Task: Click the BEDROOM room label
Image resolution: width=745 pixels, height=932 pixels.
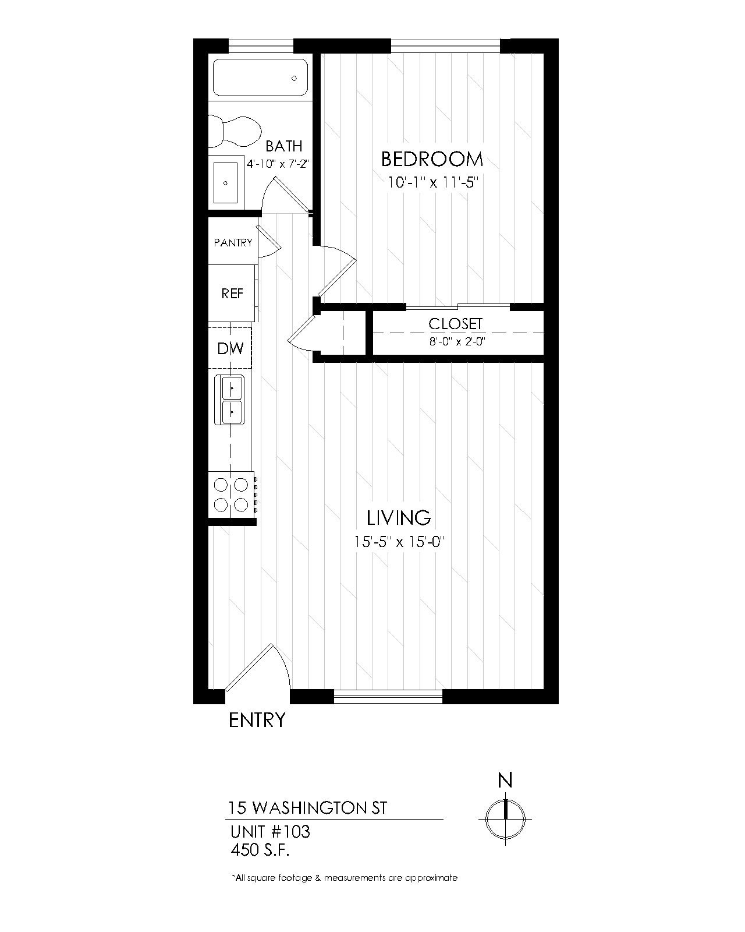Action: point(432,158)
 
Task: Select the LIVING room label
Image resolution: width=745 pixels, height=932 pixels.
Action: point(399,517)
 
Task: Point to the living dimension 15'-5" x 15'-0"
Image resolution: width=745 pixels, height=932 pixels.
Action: point(399,542)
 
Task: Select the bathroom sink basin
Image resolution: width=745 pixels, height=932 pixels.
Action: point(226,182)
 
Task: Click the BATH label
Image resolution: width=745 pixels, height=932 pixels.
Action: point(284,146)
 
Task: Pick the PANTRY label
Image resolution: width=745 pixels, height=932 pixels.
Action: point(233,242)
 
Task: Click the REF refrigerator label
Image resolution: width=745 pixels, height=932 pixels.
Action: point(232,293)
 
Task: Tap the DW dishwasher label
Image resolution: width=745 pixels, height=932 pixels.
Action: point(230,348)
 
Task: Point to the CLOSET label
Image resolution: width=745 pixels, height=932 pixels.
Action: point(456,324)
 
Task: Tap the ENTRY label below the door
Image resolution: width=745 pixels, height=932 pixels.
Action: point(257,720)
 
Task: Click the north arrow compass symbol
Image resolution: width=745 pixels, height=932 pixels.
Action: point(505,818)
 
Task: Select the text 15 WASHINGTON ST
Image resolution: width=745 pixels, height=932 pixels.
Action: point(307,809)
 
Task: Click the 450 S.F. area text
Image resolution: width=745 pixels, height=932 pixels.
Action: point(260,850)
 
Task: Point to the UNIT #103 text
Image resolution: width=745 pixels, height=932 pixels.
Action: point(270,831)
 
